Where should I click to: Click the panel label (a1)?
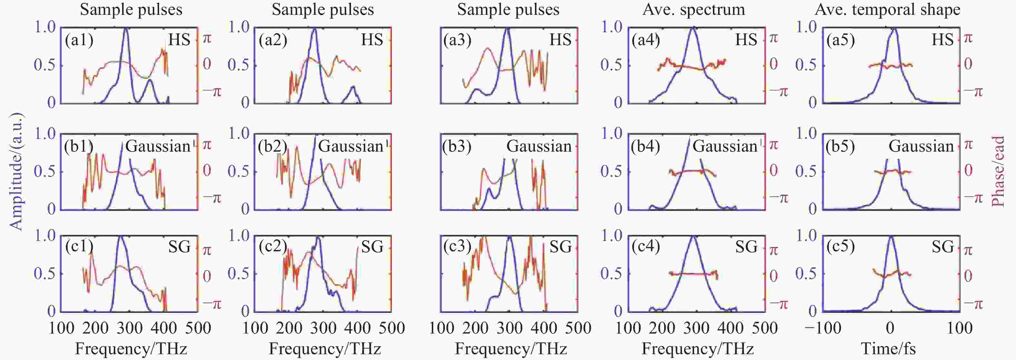point(79,41)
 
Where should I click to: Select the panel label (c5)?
point(841,247)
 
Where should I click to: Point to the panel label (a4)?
point(645,41)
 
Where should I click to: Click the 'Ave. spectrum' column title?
point(694,9)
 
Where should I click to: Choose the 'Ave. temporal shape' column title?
point(887,9)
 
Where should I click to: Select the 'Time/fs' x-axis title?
point(888,349)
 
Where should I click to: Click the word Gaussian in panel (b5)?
point(921,147)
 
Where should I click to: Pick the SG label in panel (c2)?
point(372,247)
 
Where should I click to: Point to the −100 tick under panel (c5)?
point(822,328)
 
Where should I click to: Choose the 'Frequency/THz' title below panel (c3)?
point(511,349)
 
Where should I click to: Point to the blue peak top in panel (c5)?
point(891,236)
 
